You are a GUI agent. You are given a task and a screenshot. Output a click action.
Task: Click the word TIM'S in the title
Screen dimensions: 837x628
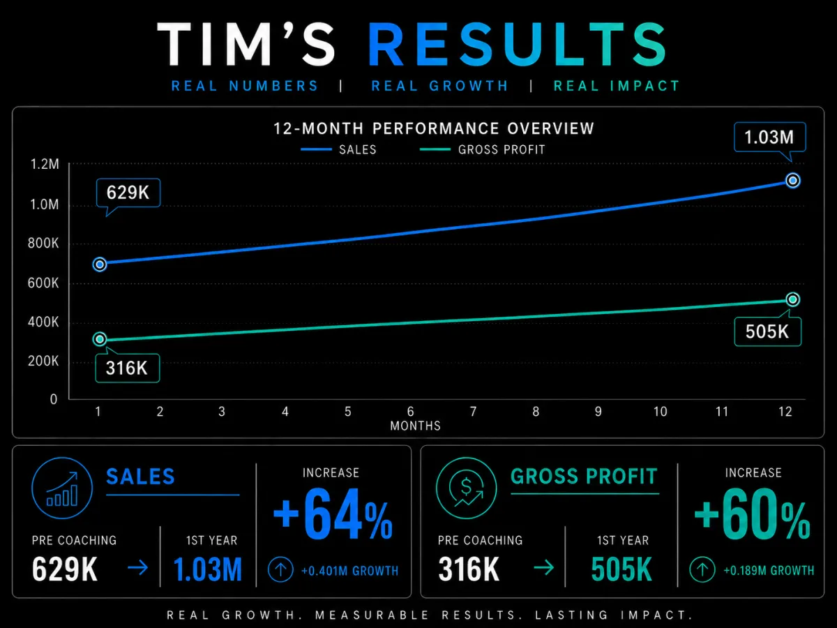click(246, 44)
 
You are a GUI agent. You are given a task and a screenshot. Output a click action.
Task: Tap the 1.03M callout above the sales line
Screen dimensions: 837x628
click(769, 137)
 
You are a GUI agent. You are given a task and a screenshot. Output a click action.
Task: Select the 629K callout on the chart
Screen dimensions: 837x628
click(128, 193)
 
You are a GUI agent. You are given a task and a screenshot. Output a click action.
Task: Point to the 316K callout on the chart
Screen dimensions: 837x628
click(128, 368)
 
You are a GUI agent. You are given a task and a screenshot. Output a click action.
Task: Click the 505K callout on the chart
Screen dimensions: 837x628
click(767, 331)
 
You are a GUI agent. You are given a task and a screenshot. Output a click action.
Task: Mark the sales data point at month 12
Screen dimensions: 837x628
click(793, 180)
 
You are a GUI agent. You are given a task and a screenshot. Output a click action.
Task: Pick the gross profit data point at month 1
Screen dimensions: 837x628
click(100, 339)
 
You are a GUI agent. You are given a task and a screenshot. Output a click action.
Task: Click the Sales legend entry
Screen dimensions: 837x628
click(338, 149)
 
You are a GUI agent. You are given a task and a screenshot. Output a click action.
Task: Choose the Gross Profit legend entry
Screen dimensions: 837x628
click(483, 149)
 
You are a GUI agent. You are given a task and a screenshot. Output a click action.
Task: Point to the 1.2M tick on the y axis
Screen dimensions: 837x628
click(45, 165)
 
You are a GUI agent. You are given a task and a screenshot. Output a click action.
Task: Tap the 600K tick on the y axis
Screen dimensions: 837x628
click(43, 283)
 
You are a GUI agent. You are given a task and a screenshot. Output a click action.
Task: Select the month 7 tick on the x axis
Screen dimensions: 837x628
click(473, 412)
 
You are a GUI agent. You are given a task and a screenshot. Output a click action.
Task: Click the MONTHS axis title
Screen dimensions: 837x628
click(415, 426)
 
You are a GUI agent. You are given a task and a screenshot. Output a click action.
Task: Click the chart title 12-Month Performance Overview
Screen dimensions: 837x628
click(434, 128)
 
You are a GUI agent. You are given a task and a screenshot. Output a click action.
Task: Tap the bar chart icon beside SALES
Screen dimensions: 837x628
click(62, 488)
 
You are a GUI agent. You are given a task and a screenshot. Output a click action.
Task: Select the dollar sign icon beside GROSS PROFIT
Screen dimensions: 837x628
click(466, 488)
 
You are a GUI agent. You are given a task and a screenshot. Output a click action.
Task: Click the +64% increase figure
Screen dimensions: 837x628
click(333, 514)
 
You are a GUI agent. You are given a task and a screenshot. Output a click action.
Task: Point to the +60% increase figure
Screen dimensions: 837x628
click(752, 514)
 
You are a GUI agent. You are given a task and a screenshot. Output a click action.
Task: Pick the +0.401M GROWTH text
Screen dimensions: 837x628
click(349, 571)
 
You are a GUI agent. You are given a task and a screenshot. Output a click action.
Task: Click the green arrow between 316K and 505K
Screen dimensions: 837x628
click(544, 567)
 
